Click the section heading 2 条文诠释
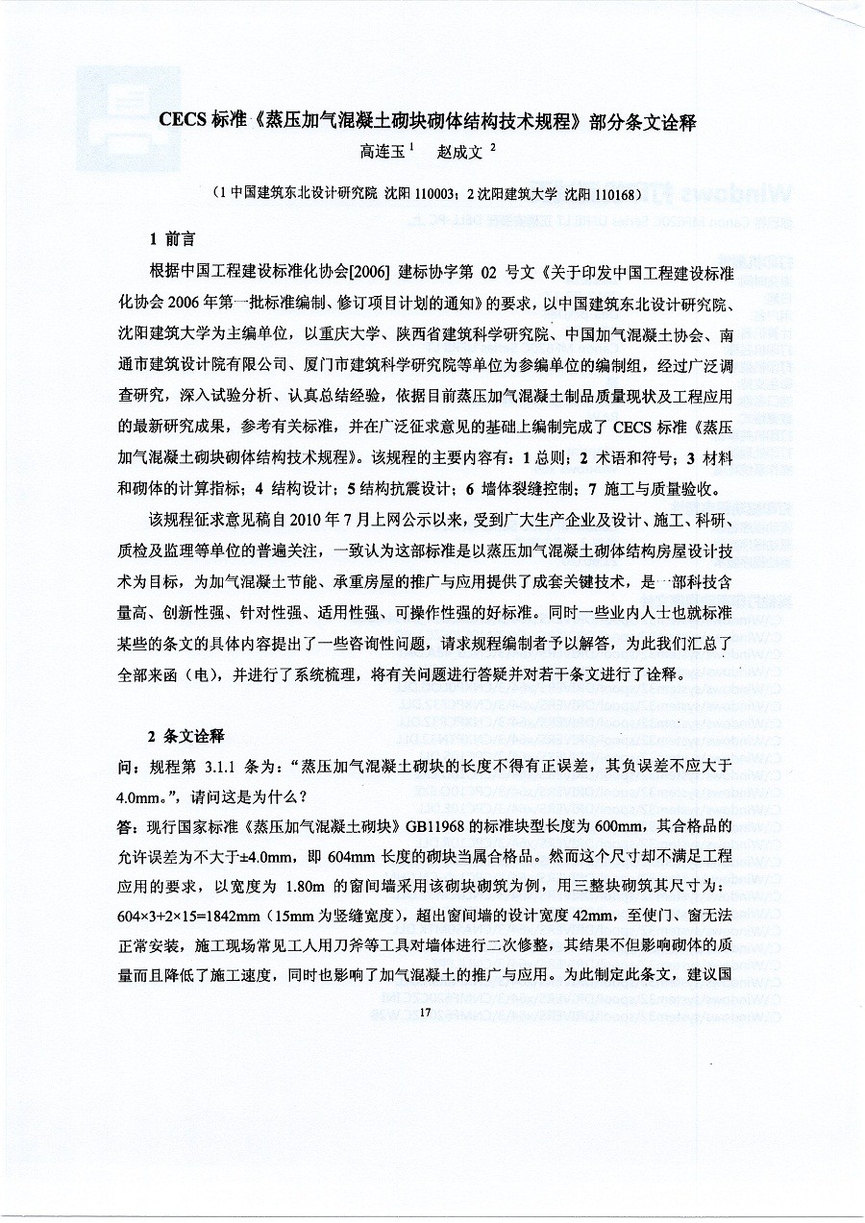[186, 736]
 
